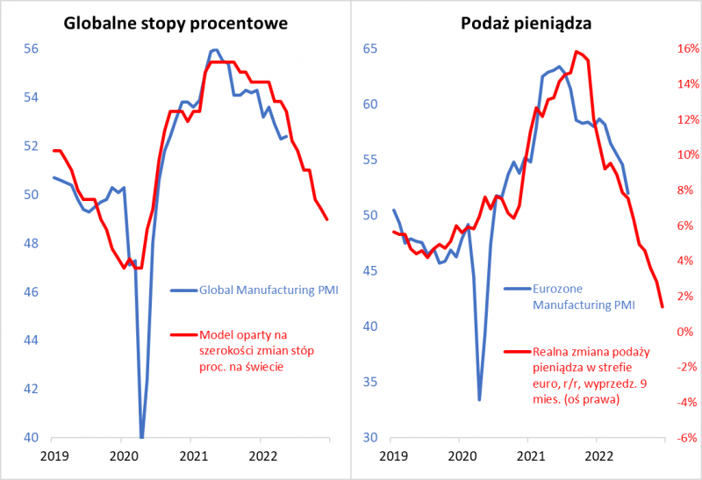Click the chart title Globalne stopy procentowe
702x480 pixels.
click(176, 23)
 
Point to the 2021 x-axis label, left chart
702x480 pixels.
click(193, 455)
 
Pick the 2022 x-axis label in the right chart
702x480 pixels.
click(598, 455)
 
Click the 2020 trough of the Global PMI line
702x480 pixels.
click(141, 436)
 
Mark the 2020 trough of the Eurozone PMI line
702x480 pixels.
click(479, 400)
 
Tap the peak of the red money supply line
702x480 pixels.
click(577, 52)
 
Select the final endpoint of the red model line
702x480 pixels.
click(327, 219)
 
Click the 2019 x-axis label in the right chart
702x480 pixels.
click(392, 455)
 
